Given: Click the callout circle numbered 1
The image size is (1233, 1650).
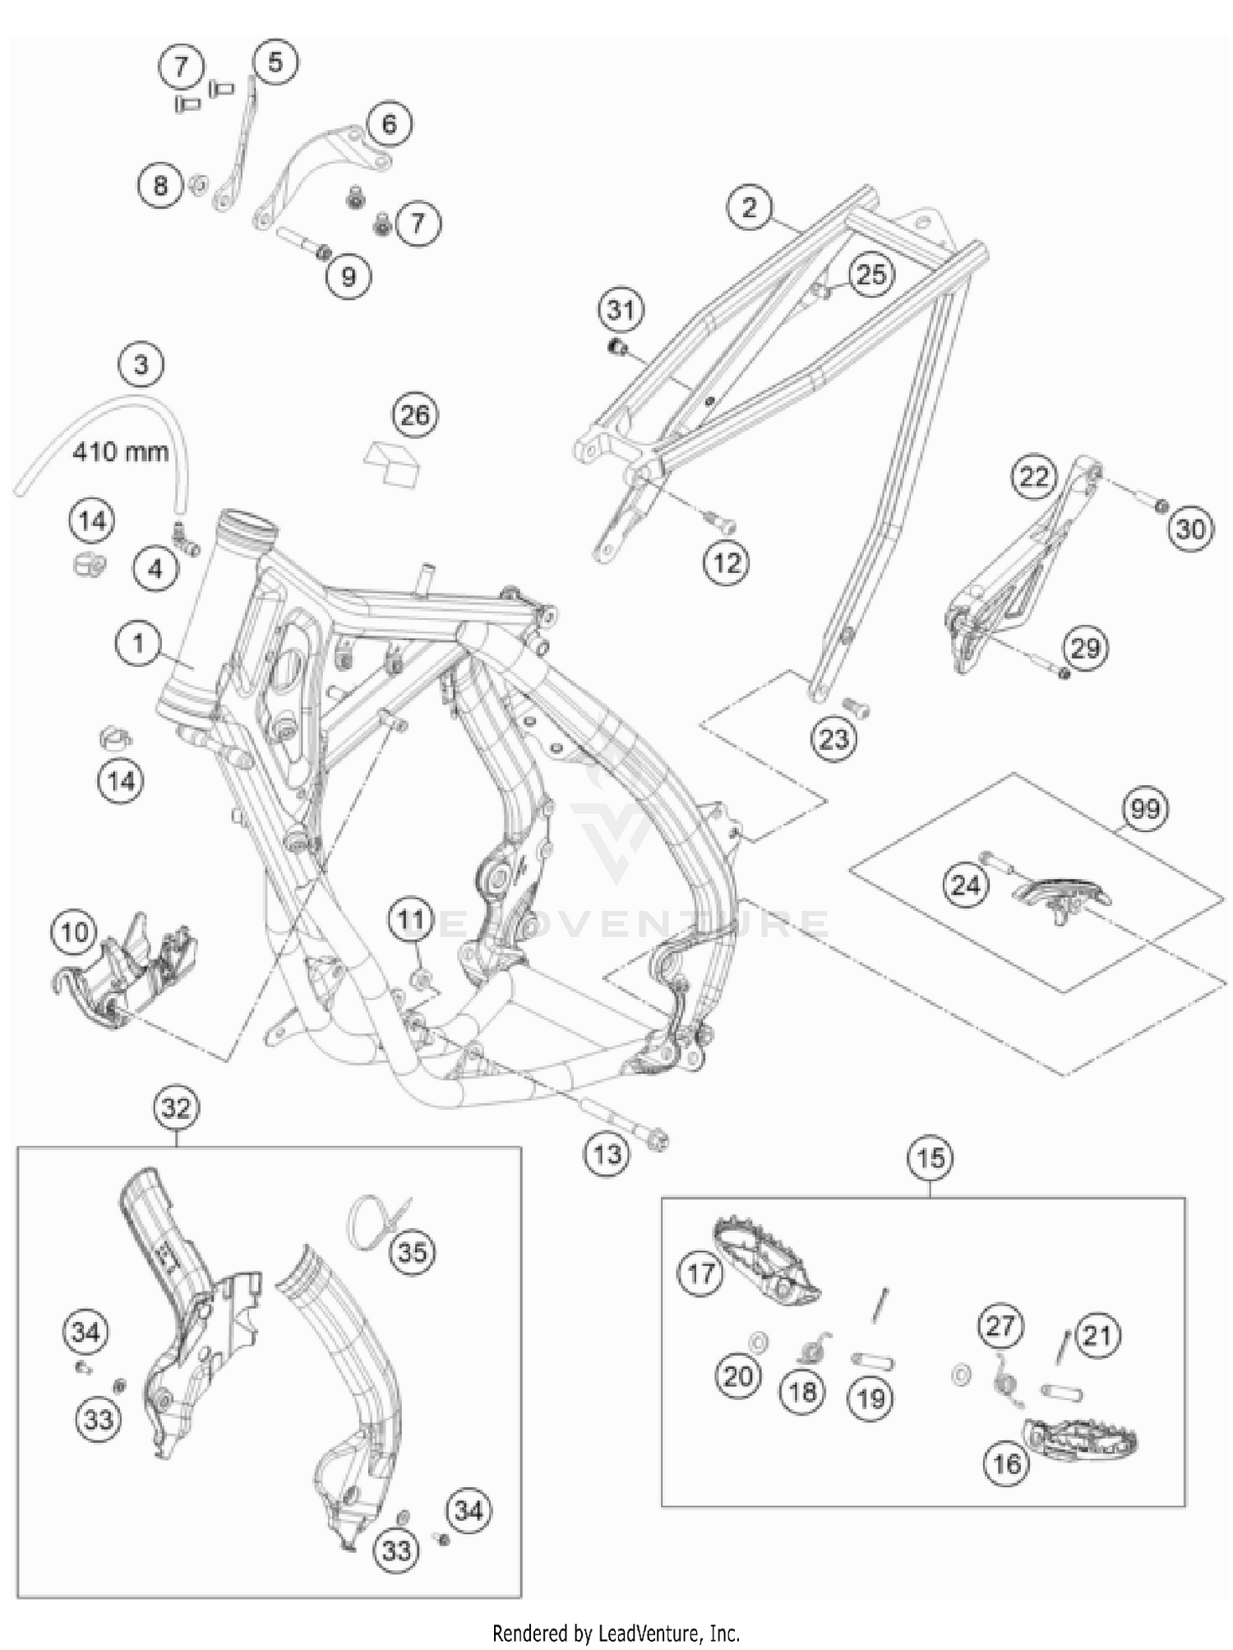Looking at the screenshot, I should pyautogui.click(x=138, y=644).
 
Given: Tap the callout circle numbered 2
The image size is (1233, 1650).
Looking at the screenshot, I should pyautogui.click(x=749, y=206).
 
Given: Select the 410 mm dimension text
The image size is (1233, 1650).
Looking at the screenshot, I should pyautogui.click(x=120, y=451).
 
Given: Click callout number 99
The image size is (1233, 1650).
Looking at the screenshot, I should pyautogui.click(x=1145, y=809).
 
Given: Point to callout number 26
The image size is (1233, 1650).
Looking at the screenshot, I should pyautogui.click(x=414, y=414).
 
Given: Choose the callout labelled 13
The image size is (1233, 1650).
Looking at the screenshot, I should pyautogui.click(x=607, y=1153).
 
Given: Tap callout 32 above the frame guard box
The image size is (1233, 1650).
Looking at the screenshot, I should pyautogui.click(x=177, y=1108).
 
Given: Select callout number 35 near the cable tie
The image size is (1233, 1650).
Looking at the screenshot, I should pyautogui.click(x=412, y=1252).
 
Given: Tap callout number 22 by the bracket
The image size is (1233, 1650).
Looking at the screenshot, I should pyautogui.click(x=1034, y=477).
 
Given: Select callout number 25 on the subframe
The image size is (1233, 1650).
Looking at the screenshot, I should pyautogui.click(x=870, y=275).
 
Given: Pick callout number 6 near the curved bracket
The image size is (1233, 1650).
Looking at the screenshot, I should pyautogui.click(x=389, y=123).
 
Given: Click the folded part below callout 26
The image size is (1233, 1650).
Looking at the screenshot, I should pyautogui.click(x=394, y=462).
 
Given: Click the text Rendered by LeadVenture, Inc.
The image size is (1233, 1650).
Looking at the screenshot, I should pyautogui.click(x=616, y=1632).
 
